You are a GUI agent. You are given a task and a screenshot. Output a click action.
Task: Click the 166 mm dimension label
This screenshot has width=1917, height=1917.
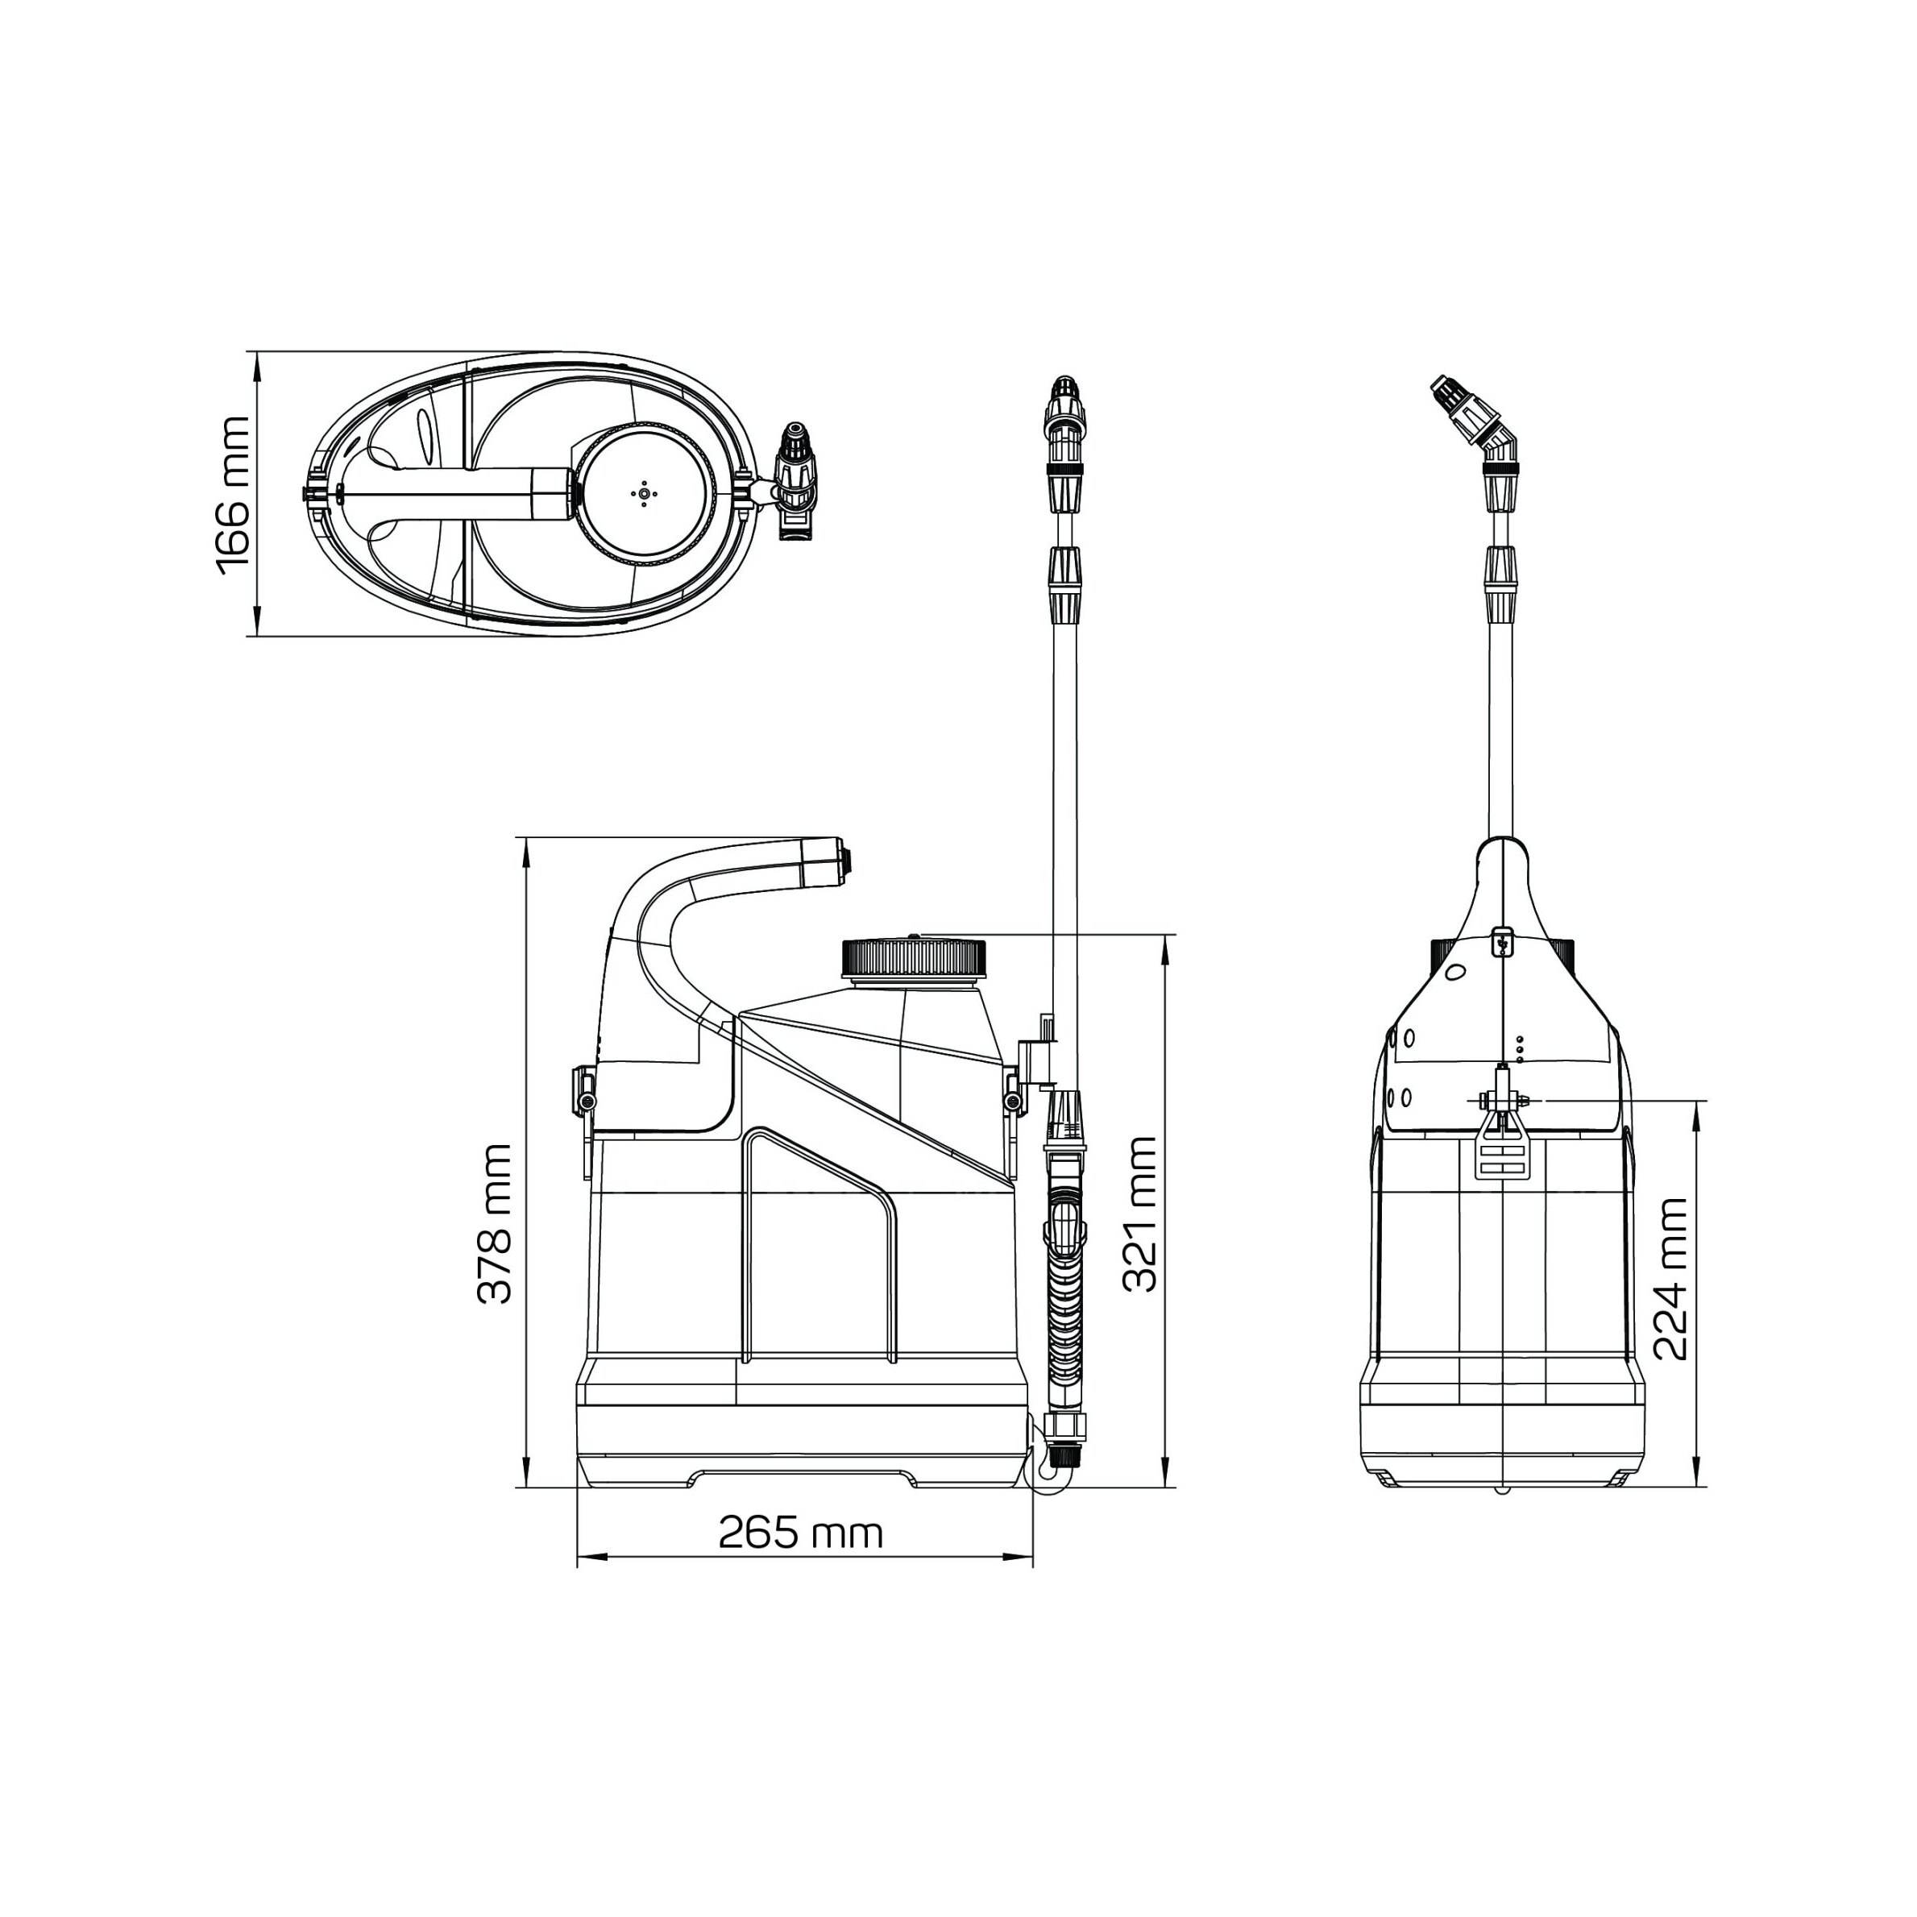[x=234, y=494]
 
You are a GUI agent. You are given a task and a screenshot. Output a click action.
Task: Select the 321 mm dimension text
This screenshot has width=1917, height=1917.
[x=1139, y=1214]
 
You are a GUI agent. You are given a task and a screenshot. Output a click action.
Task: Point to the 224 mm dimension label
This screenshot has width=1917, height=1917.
[x=1671, y=1280]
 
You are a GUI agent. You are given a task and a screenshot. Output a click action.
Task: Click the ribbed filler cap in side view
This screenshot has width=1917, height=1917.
[x=915, y=959]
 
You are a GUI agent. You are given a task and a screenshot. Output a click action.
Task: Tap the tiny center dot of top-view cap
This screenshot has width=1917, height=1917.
[x=644, y=492]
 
